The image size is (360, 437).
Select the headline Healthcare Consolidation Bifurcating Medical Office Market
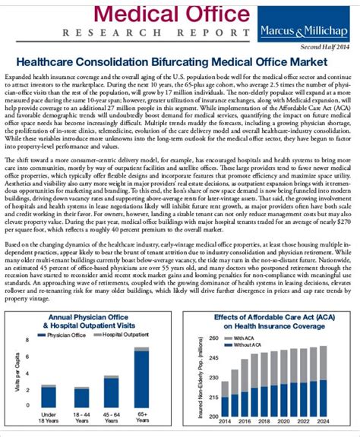tap(180, 64)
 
